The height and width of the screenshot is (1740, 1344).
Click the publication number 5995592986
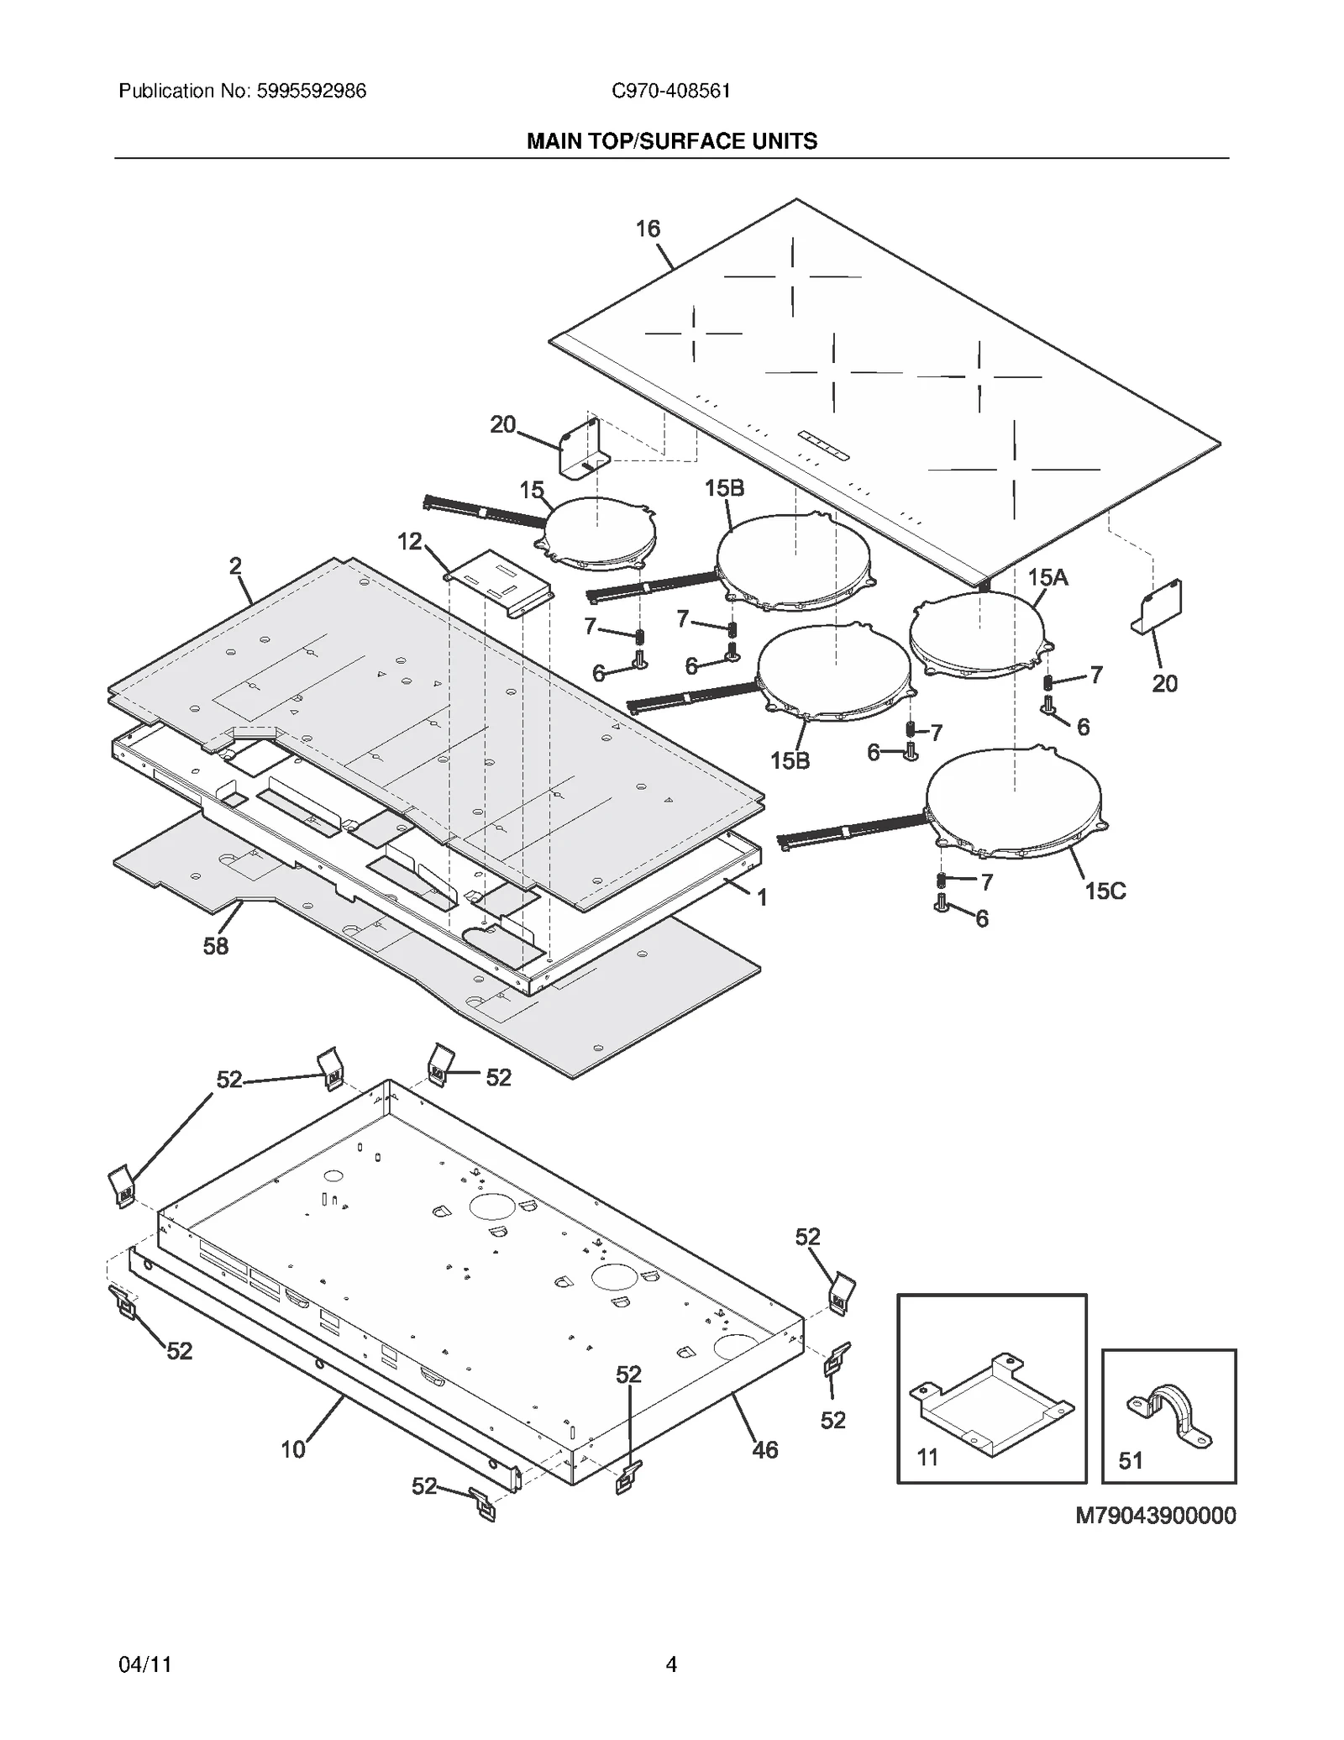pos(307,91)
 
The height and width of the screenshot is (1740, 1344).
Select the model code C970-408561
pos(670,91)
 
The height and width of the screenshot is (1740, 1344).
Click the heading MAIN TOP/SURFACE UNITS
pos(671,141)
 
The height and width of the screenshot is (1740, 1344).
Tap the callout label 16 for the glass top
pos(647,229)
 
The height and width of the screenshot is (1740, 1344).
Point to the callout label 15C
pos(1105,891)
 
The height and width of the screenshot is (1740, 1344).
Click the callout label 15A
pos(1047,577)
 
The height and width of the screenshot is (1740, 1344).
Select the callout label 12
pos(410,541)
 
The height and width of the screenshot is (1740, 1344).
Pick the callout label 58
pos(215,946)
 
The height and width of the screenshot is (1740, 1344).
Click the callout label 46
pos(764,1449)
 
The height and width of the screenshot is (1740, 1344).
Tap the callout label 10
pos(292,1449)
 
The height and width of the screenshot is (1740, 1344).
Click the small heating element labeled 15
pos(598,531)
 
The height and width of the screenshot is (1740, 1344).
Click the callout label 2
pos(235,566)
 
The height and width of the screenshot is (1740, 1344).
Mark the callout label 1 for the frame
pos(762,898)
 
